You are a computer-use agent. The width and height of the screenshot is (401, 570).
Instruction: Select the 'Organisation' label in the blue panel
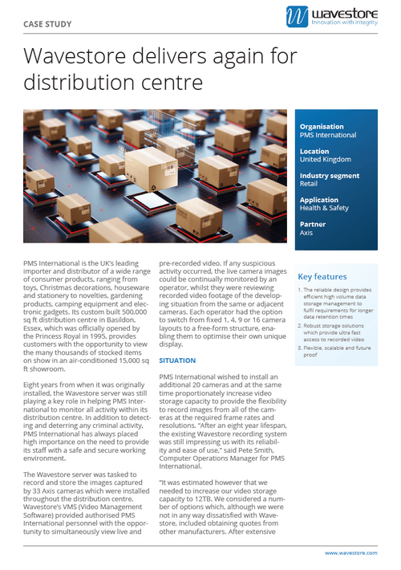pyautogui.click(x=322, y=127)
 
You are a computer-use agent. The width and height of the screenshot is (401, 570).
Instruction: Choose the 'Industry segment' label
pyautogui.click(x=329, y=176)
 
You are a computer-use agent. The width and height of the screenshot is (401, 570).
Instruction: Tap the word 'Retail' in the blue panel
pyautogui.click(x=310, y=185)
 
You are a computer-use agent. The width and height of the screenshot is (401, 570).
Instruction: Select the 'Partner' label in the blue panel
pyautogui.click(x=312, y=225)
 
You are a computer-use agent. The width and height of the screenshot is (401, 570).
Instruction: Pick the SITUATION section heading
pyautogui.click(x=178, y=360)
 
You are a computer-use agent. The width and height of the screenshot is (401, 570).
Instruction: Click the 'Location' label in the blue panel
pyautogui.click(x=314, y=151)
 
